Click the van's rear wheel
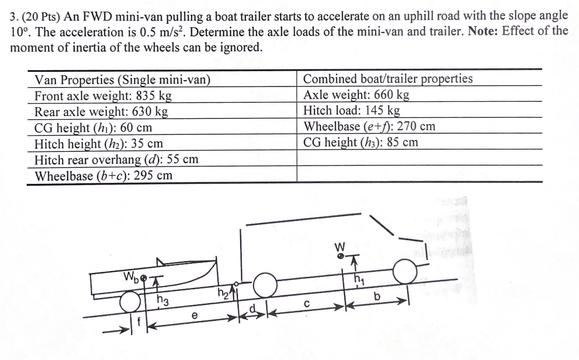point(265,285)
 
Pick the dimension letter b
point(377,296)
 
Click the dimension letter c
point(306,303)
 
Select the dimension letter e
point(194,316)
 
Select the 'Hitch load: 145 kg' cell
point(351,110)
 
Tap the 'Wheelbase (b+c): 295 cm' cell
point(104,175)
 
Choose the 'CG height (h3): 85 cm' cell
point(361,142)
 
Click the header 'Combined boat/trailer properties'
point(388,79)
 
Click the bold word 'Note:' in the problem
point(483,31)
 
